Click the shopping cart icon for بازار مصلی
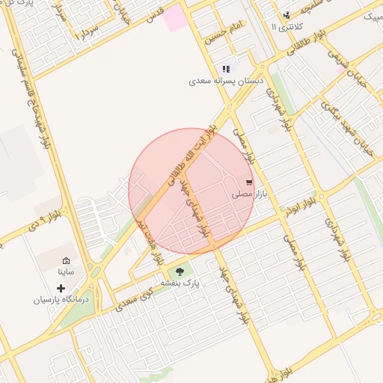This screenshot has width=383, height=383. click(x=249, y=182)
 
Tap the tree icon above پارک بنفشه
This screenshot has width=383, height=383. click(x=179, y=271)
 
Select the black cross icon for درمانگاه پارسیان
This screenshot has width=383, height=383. click(x=61, y=288)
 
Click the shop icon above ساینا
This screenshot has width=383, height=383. click(x=66, y=260)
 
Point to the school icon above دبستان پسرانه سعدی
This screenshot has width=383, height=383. click(x=225, y=69)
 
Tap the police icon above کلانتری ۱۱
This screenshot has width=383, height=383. click(x=286, y=15)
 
